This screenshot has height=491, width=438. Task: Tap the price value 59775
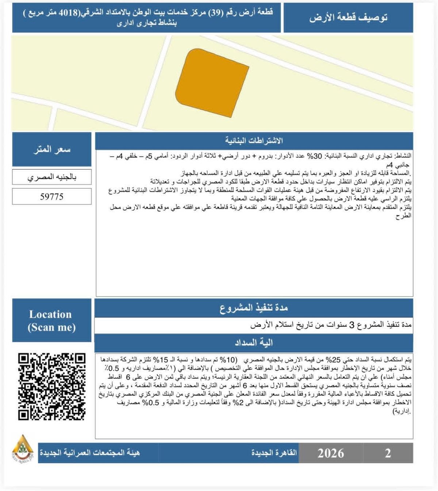coord(51,197)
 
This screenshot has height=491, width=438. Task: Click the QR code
coord(52,387)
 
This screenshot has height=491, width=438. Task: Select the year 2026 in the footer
coord(330,453)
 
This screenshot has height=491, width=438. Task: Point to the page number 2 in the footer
coord(388,453)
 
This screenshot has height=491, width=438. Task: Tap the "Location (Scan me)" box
coord(51,321)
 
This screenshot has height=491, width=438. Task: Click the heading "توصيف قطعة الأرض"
coord(348,18)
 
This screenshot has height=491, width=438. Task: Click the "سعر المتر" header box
coord(51,150)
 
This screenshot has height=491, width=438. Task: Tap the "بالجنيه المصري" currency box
coord(51,177)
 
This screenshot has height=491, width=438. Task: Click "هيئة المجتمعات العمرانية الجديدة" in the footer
coord(90,453)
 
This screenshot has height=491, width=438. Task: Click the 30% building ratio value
coord(317,156)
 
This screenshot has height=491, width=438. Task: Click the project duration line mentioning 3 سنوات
coord(330,325)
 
